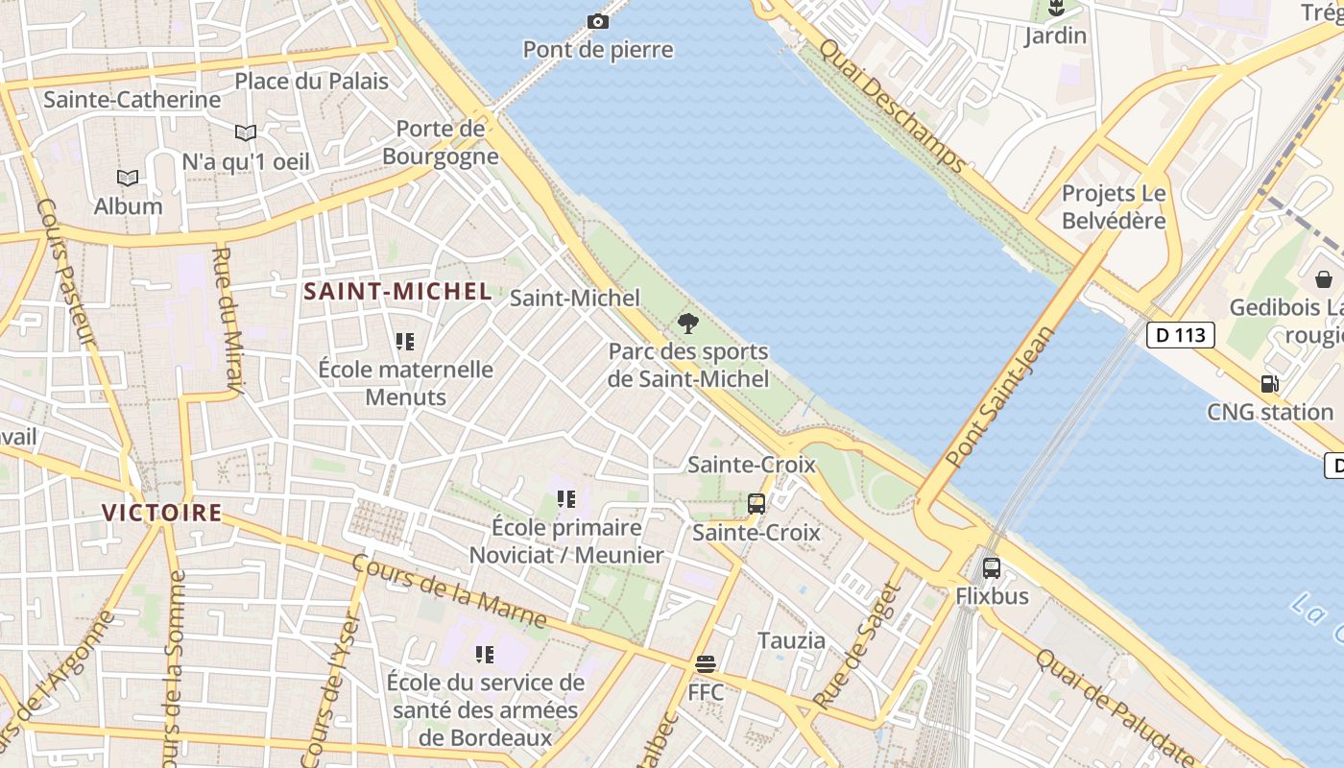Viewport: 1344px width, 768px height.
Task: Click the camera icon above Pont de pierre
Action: click(x=597, y=21)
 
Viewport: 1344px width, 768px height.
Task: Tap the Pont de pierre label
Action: click(x=597, y=50)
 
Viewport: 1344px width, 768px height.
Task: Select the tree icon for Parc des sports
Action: click(x=687, y=323)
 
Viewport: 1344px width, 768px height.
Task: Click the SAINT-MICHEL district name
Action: click(x=397, y=292)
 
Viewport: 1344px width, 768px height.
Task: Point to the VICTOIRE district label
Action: click(x=162, y=513)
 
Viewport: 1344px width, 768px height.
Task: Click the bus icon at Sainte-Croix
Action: click(x=756, y=503)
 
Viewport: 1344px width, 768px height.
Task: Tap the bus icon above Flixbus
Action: click(x=992, y=567)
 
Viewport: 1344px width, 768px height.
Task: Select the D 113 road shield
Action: click(x=1180, y=335)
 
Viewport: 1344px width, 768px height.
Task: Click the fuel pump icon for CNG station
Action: click(x=1269, y=384)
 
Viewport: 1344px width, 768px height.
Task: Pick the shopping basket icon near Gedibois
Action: click(x=1324, y=279)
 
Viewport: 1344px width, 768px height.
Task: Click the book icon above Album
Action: click(x=128, y=178)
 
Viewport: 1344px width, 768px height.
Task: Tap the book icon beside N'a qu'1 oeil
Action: click(x=246, y=132)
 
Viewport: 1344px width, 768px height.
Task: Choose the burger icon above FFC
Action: click(x=706, y=663)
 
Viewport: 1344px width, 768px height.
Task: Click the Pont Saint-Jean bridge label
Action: click(x=1000, y=397)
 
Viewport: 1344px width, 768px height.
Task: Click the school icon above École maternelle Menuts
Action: click(x=405, y=341)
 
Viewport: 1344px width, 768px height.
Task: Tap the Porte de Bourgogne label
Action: click(x=441, y=142)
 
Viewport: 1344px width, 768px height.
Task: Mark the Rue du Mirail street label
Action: click(x=226, y=321)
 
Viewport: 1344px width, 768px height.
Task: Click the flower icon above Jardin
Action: click(x=1055, y=9)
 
